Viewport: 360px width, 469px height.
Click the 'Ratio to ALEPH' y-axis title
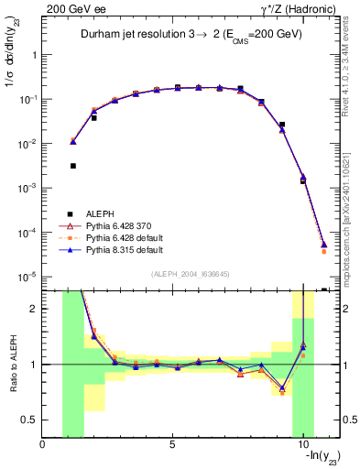[x=12, y=364]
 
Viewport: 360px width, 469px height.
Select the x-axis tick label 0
[x=43, y=446]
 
